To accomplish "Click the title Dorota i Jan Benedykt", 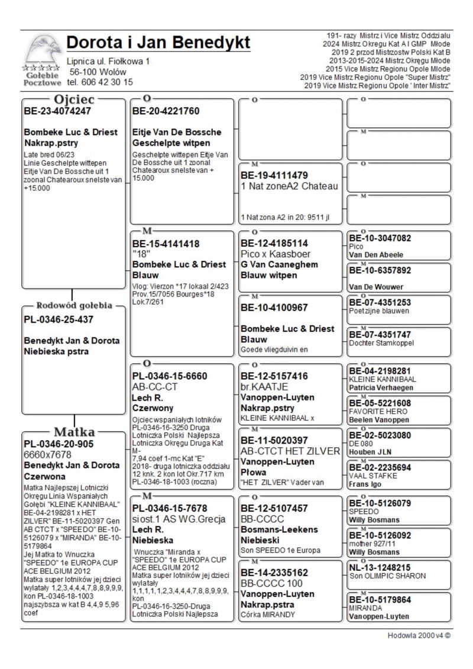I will click(158, 43).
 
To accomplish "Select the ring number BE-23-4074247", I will click(57, 111).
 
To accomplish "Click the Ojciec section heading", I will click(74, 99).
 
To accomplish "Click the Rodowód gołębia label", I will click(74, 306).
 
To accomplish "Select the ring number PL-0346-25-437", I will click(59, 320).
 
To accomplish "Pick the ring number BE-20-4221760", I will click(166, 111).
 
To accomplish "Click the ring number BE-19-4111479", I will click(274, 176).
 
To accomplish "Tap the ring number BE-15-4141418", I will click(166, 244).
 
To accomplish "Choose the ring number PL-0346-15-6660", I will click(170, 376).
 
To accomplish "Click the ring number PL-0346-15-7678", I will click(170, 509).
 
